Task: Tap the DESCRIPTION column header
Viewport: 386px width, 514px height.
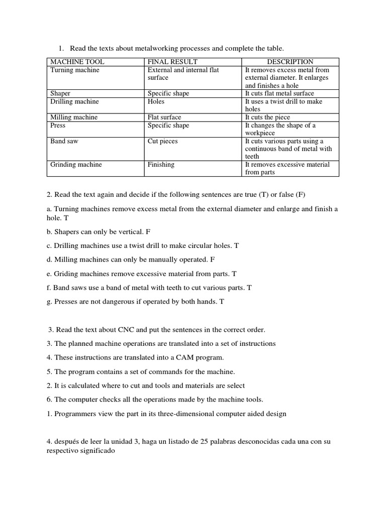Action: click(x=290, y=62)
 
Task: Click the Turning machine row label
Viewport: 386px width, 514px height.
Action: click(x=75, y=70)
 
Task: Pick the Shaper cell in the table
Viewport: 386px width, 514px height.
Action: click(x=60, y=93)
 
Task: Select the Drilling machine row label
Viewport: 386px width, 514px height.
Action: click(x=75, y=101)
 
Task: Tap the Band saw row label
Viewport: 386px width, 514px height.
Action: click(x=64, y=141)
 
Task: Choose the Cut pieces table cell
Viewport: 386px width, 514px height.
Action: click(x=162, y=141)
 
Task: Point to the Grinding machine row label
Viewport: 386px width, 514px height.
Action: click(x=76, y=164)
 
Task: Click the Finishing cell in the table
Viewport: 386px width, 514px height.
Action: click(x=161, y=164)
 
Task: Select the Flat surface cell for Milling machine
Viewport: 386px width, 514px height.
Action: click(x=164, y=117)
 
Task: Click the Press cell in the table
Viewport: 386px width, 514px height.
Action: click(x=58, y=125)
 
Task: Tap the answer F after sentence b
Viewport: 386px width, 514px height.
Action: click(x=148, y=232)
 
